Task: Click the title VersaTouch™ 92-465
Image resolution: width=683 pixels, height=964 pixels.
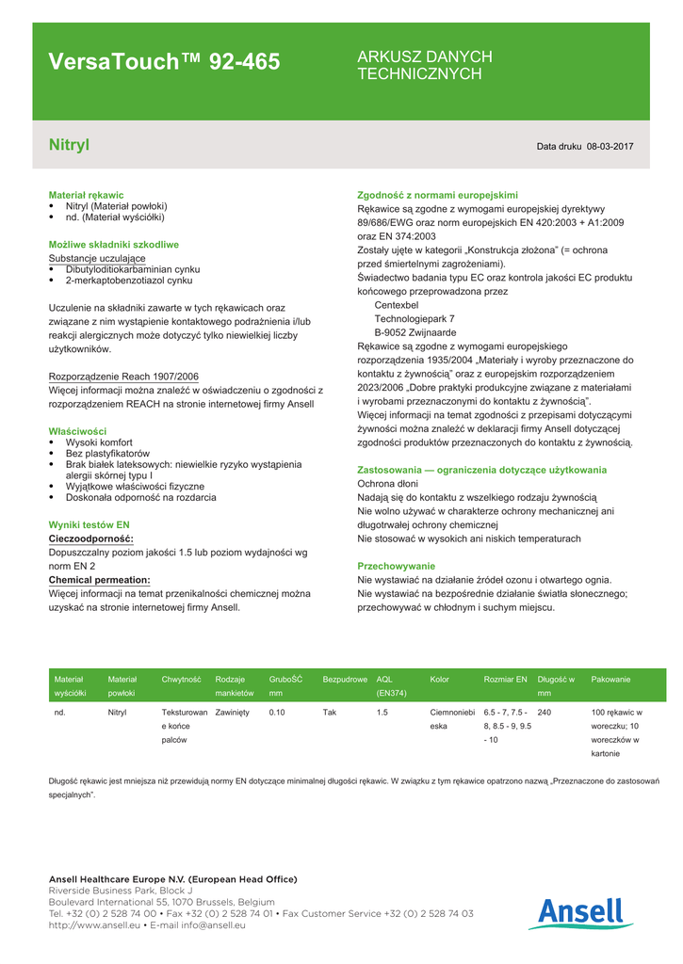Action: click(x=164, y=63)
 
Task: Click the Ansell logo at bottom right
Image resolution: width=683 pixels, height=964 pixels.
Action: click(x=580, y=913)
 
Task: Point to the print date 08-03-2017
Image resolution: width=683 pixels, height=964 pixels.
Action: click(x=610, y=147)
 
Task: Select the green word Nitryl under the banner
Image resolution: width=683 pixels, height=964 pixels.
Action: click(x=69, y=145)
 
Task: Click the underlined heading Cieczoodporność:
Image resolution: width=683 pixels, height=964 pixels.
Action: click(x=90, y=538)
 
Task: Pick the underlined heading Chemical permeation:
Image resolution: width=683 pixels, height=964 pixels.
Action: click(x=99, y=580)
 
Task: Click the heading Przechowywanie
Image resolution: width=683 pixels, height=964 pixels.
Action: click(x=396, y=566)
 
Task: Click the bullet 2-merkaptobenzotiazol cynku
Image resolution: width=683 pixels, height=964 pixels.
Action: click(x=129, y=281)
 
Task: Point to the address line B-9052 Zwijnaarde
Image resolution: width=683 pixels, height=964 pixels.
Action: click(x=415, y=332)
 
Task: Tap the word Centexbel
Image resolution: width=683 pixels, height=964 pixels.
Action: click(x=397, y=305)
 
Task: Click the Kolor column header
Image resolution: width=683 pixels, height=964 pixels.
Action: click(x=440, y=680)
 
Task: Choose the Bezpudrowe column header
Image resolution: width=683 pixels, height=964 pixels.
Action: click(x=345, y=680)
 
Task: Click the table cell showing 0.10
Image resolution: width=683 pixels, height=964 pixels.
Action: click(x=277, y=713)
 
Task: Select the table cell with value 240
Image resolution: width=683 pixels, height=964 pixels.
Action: click(x=545, y=713)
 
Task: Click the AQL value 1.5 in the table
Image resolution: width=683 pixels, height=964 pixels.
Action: click(x=382, y=713)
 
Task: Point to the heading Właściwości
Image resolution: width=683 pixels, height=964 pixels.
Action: click(x=77, y=431)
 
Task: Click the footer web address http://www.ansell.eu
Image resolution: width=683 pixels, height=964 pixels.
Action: click(x=94, y=925)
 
